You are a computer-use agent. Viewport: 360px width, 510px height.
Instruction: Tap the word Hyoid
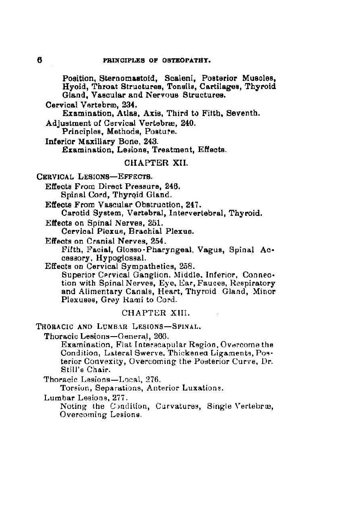tap(71, 86)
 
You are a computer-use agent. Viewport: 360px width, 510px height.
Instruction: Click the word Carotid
tap(75, 213)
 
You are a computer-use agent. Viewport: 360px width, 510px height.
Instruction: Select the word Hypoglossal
tap(124, 258)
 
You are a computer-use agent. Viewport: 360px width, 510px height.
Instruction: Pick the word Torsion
tap(74, 388)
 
